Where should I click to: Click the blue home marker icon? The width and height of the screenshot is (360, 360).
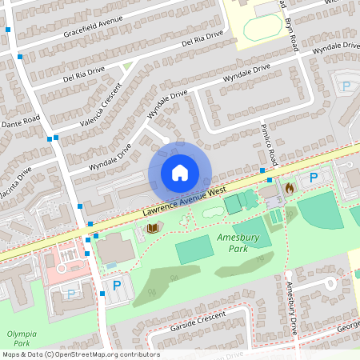coord(180,172)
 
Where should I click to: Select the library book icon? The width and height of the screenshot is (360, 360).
coord(152,229)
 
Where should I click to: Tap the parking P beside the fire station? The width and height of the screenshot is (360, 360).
coord(314,178)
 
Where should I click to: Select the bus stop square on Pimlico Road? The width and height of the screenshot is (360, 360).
coord(262,171)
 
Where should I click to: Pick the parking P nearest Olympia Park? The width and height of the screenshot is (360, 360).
coord(70,294)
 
